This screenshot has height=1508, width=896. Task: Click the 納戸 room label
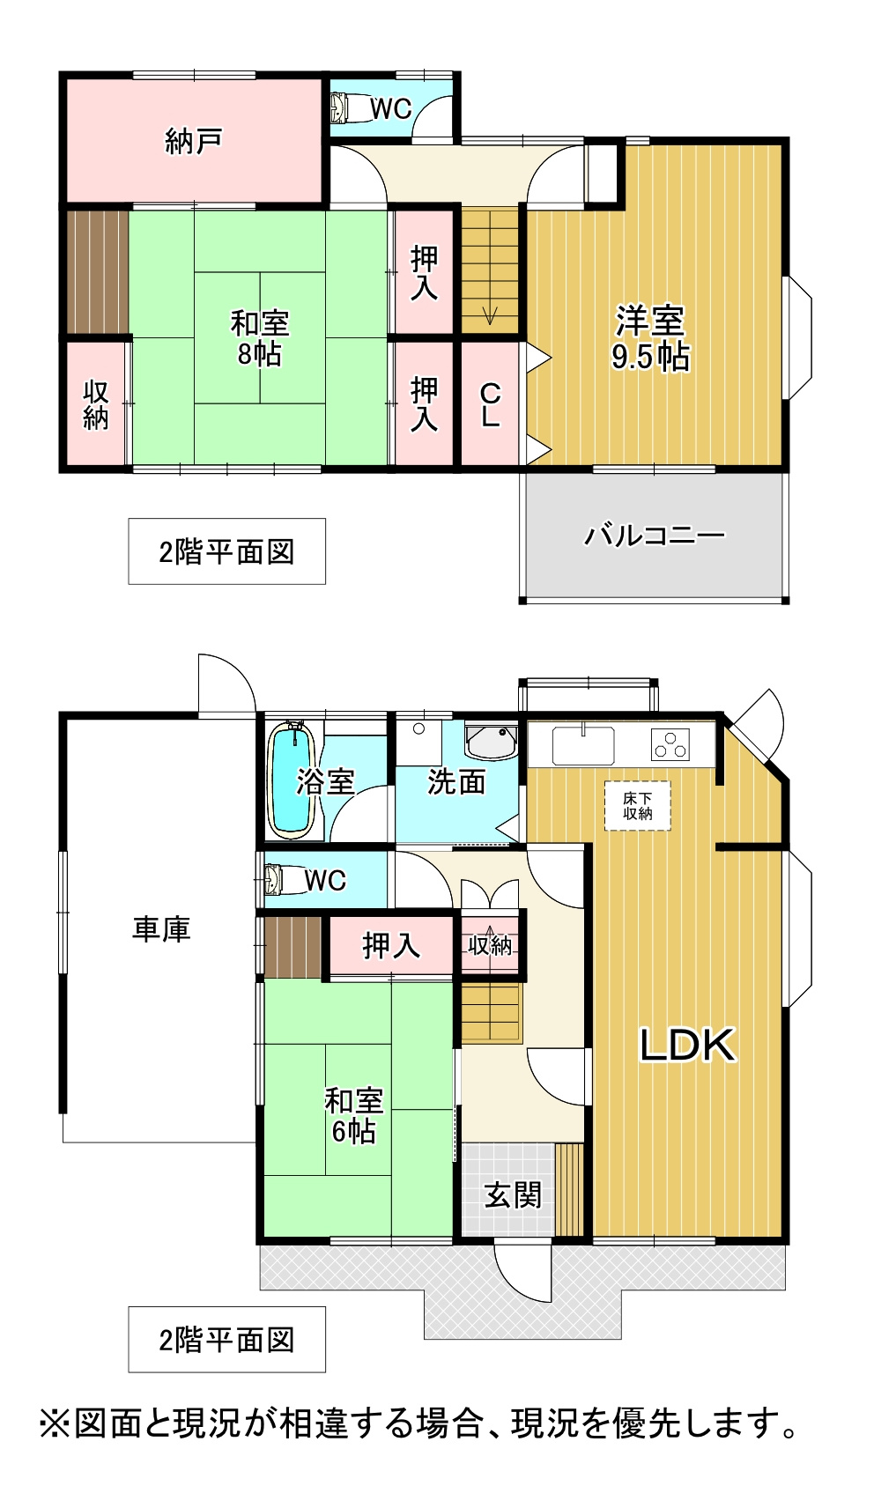pos(193,141)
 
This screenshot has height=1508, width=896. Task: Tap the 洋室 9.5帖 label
pos(650,338)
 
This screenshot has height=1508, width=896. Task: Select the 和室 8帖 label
pos(260,338)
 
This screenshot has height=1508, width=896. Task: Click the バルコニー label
pos(655,536)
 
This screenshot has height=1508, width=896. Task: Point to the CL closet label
pos(491,405)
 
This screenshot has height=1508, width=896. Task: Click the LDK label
pos(686,1045)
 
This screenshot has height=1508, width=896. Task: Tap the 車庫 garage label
pos(161,929)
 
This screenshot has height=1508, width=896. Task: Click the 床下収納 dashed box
pos(638,806)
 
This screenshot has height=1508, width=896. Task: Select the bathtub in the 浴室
pos(292,781)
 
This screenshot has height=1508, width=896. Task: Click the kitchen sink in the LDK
pos(583,745)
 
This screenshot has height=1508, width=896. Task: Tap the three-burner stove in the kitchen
pos(670,744)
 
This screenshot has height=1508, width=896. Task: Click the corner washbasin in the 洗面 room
pos(492,741)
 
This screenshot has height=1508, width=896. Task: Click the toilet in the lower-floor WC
pos(285,879)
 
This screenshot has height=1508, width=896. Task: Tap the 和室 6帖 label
pos(353,1116)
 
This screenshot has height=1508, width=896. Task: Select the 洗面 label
pos(456,781)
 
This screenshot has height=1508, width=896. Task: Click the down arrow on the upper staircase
pos(489,314)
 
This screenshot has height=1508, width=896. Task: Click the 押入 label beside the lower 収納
pos(391,945)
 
